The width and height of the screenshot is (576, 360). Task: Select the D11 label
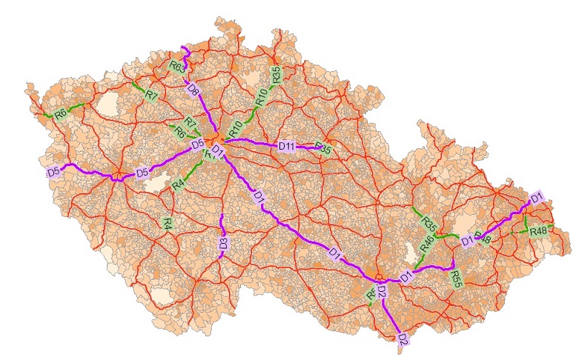pos(287,147)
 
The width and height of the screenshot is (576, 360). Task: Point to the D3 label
pos(223,242)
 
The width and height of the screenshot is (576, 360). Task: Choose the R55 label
pos(457,279)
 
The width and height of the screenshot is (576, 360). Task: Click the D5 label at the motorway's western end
pos(53,172)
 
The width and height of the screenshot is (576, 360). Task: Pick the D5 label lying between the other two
pos(142,175)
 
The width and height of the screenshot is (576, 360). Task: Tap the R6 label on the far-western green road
pos(61,113)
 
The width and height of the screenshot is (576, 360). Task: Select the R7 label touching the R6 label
pos(190,122)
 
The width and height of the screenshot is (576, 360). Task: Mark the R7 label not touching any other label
pos(151,96)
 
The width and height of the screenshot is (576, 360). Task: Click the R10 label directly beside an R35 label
pos(261,95)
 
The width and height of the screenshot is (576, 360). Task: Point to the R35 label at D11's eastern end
pos(323,148)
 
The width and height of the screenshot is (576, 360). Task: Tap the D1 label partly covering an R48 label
pos(467,240)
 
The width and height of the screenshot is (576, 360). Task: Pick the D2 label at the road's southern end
pos(403,340)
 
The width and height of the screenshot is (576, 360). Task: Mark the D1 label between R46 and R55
pos(405,277)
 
